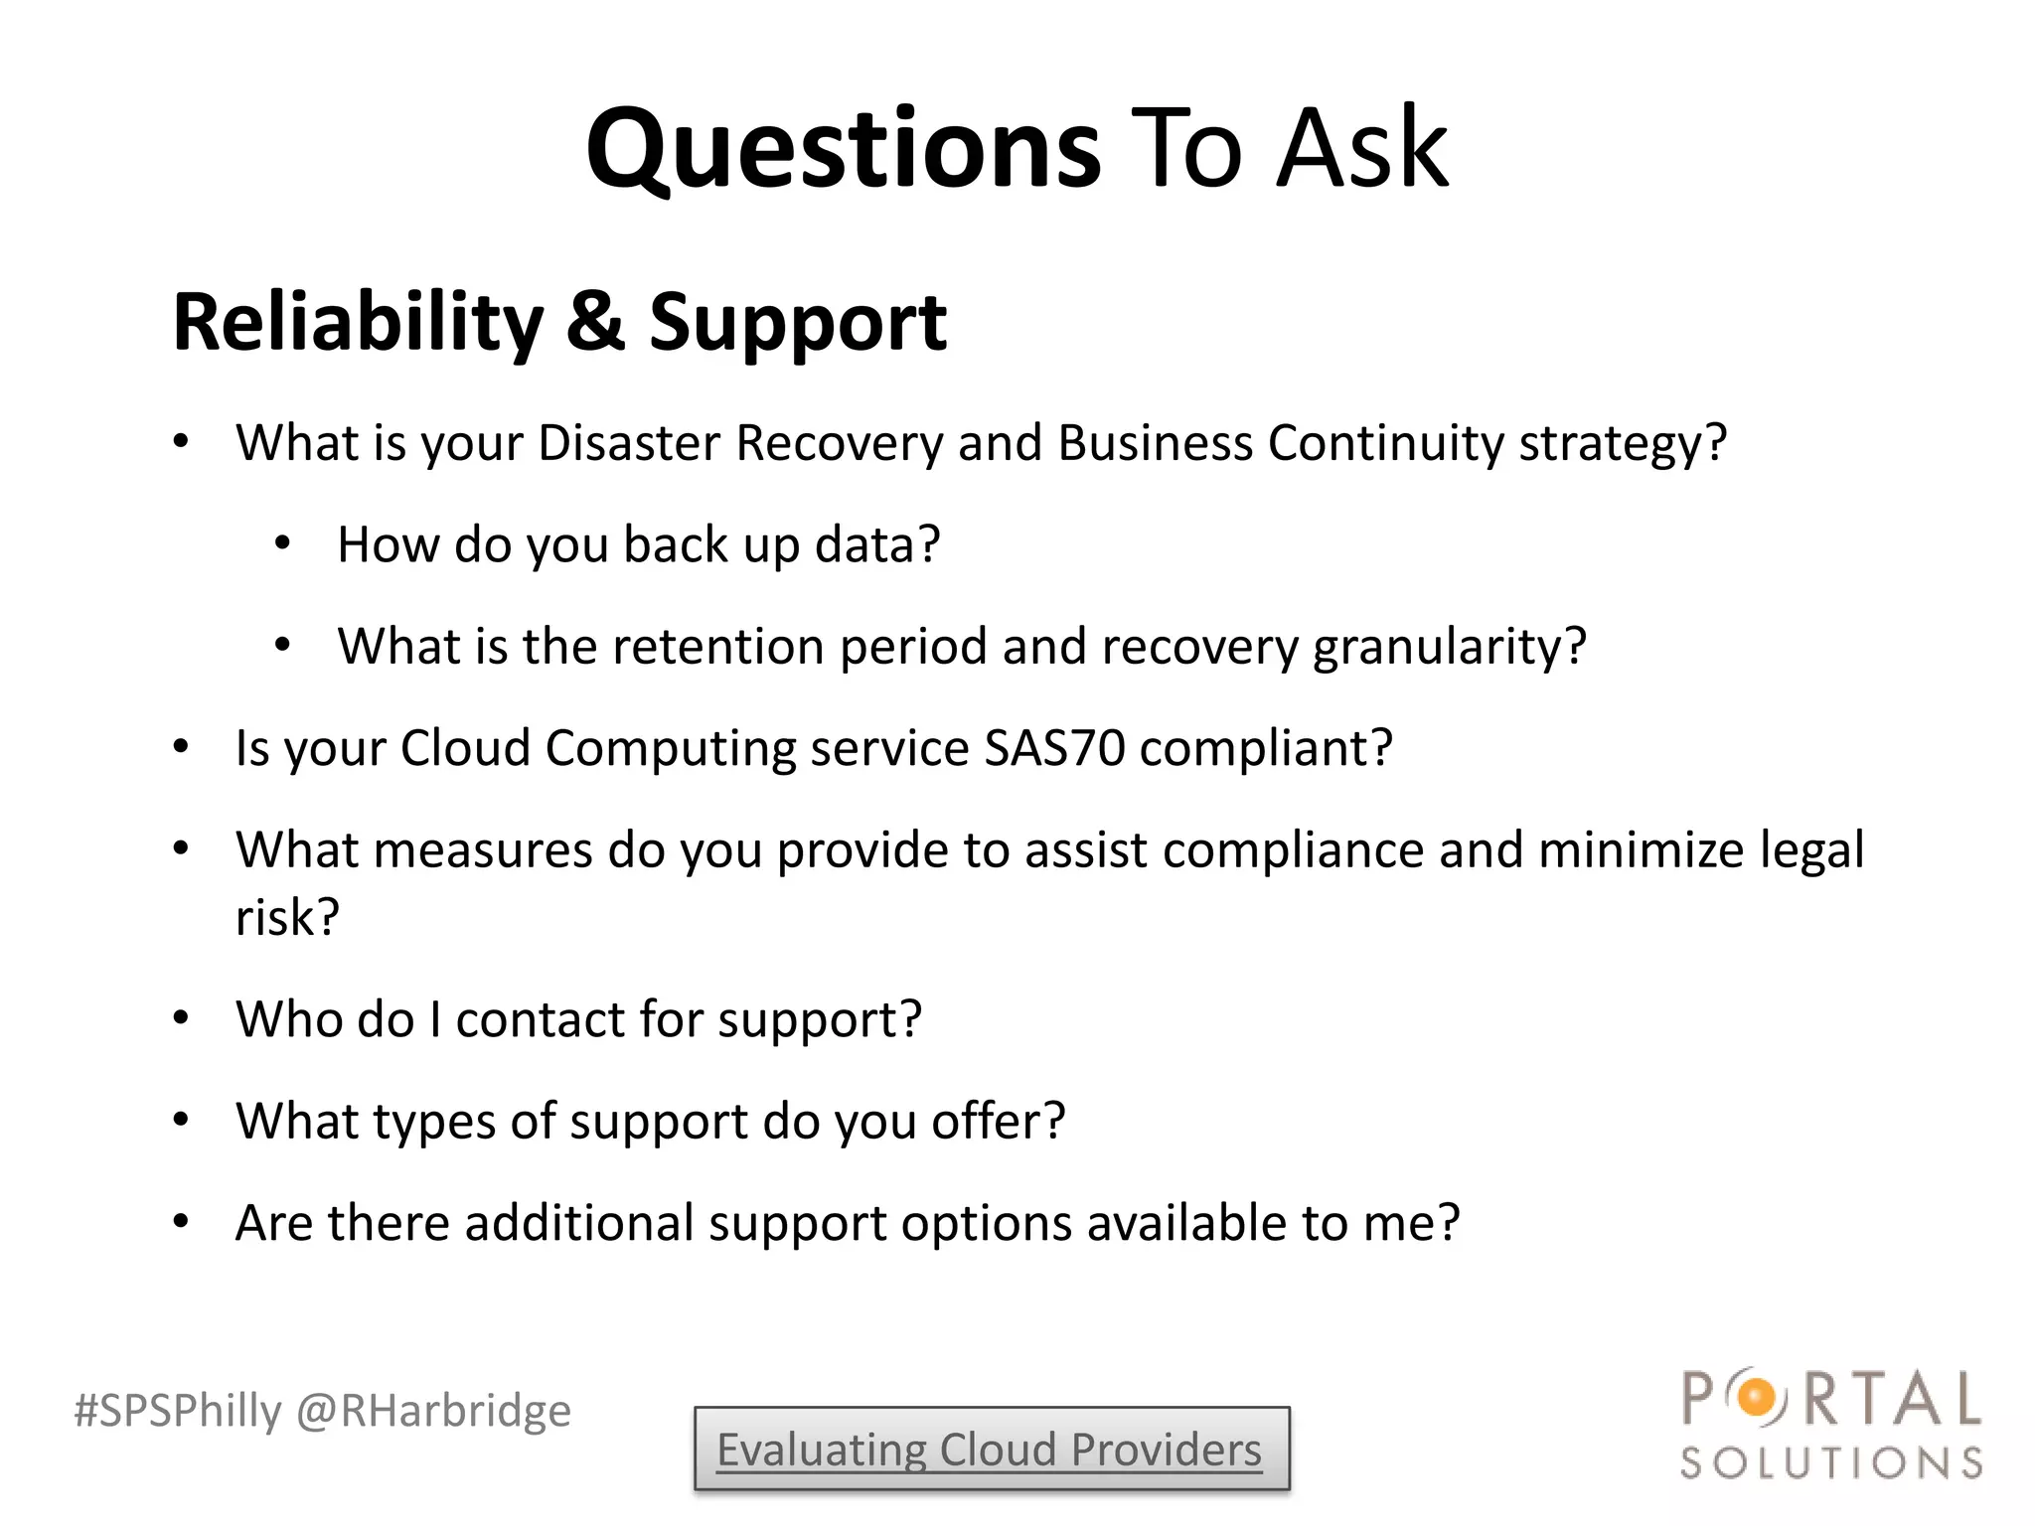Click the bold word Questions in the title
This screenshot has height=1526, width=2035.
pos(843,149)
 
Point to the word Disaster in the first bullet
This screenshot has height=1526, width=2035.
pos(628,443)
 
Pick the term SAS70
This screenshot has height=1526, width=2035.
pos(1053,748)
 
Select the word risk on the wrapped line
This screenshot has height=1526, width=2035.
pos(286,917)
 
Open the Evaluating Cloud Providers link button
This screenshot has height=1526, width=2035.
pos(991,1450)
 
